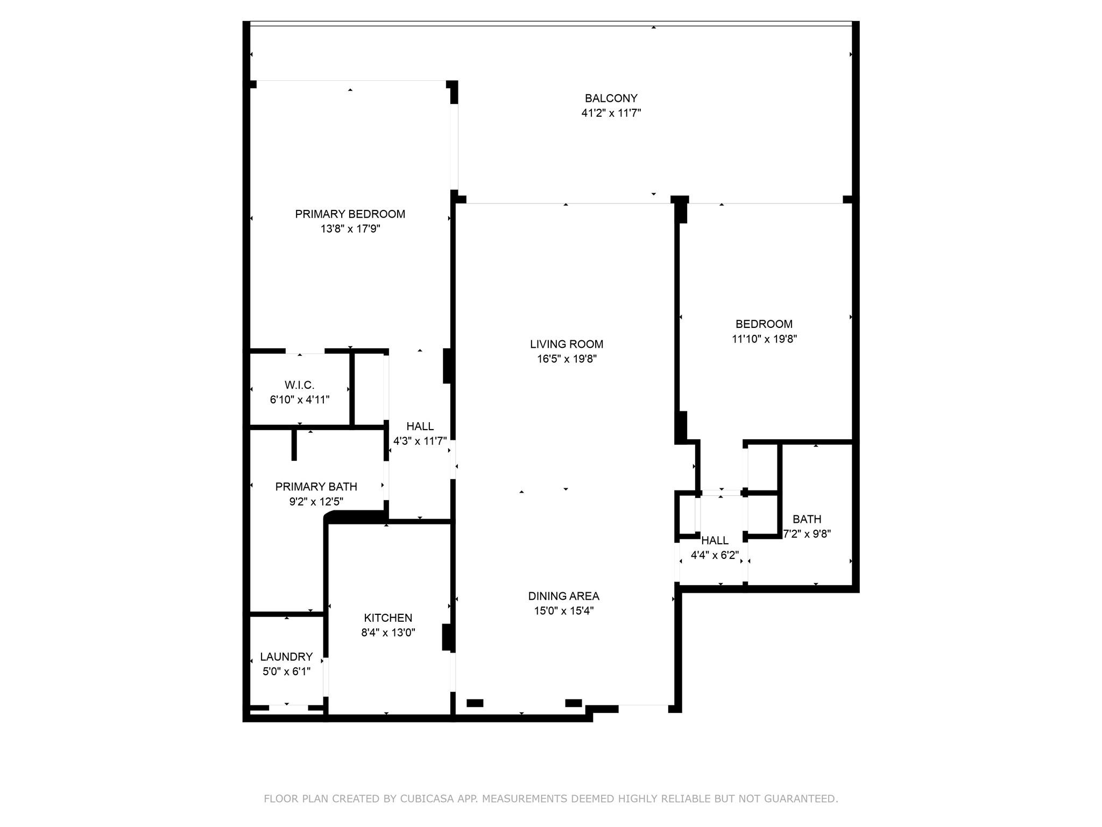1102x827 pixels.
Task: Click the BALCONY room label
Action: (x=611, y=99)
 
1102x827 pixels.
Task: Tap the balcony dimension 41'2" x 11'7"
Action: (x=611, y=113)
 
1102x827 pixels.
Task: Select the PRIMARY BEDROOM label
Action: (x=350, y=214)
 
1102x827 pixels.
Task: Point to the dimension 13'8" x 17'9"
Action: (x=350, y=229)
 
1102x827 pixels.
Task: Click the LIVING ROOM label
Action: (x=567, y=344)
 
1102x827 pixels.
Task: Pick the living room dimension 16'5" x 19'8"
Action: (x=567, y=359)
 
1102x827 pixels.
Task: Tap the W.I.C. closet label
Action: (x=300, y=385)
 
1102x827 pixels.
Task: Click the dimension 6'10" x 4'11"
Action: (x=300, y=400)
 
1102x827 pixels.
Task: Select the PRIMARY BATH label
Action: (x=316, y=487)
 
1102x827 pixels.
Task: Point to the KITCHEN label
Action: (x=388, y=618)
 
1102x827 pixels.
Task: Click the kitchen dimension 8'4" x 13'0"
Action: (x=388, y=633)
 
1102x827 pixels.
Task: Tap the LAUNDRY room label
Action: (x=286, y=657)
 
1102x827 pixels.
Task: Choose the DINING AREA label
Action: (x=564, y=596)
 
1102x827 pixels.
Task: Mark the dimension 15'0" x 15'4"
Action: (x=564, y=611)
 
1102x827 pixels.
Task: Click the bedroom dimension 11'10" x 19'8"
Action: (x=764, y=339)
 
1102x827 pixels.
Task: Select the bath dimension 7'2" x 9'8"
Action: (x=807, y=534)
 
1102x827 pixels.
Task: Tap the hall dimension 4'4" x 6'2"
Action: (x=715, y=555)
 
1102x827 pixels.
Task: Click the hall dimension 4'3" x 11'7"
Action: (x=420, y=441)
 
